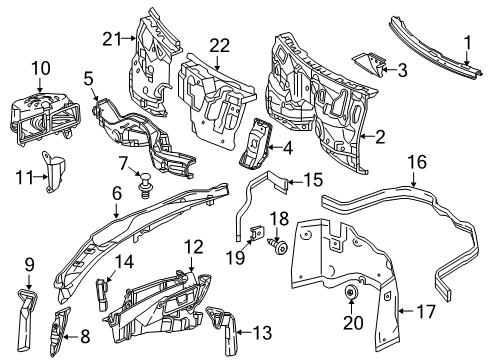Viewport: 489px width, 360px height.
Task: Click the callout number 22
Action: click(x=219, y=46)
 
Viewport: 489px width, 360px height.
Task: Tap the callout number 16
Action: click(x=417, y=162)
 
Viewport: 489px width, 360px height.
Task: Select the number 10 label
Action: click(x=41, y=68)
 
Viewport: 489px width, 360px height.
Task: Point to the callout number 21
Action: click(x=111, y=39)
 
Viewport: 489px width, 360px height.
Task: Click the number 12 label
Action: click(x=194, y=247)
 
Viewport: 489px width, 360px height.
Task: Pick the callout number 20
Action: click(x=353, y=323)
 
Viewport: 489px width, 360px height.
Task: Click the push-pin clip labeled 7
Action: click(x=145, y=185)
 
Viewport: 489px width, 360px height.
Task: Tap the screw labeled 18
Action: click(x=277, y=247)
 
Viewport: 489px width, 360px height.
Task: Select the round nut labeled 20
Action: click(x=351, y=292)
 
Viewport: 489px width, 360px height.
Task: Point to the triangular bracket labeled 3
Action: click(x=367, y=64)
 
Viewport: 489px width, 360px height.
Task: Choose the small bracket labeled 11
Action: click(x=53, y=172)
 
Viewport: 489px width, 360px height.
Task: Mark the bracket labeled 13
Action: click(x=223, y=330)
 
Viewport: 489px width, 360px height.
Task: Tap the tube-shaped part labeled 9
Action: click(x=26, y=319)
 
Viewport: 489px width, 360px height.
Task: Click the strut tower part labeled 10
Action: click(x=45, y=119)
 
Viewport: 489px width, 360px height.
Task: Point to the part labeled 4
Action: click(x=256, y=143)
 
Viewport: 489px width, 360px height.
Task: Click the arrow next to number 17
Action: click(x=406, y=311)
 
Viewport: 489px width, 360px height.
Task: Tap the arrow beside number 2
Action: click(x=368, y=136)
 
